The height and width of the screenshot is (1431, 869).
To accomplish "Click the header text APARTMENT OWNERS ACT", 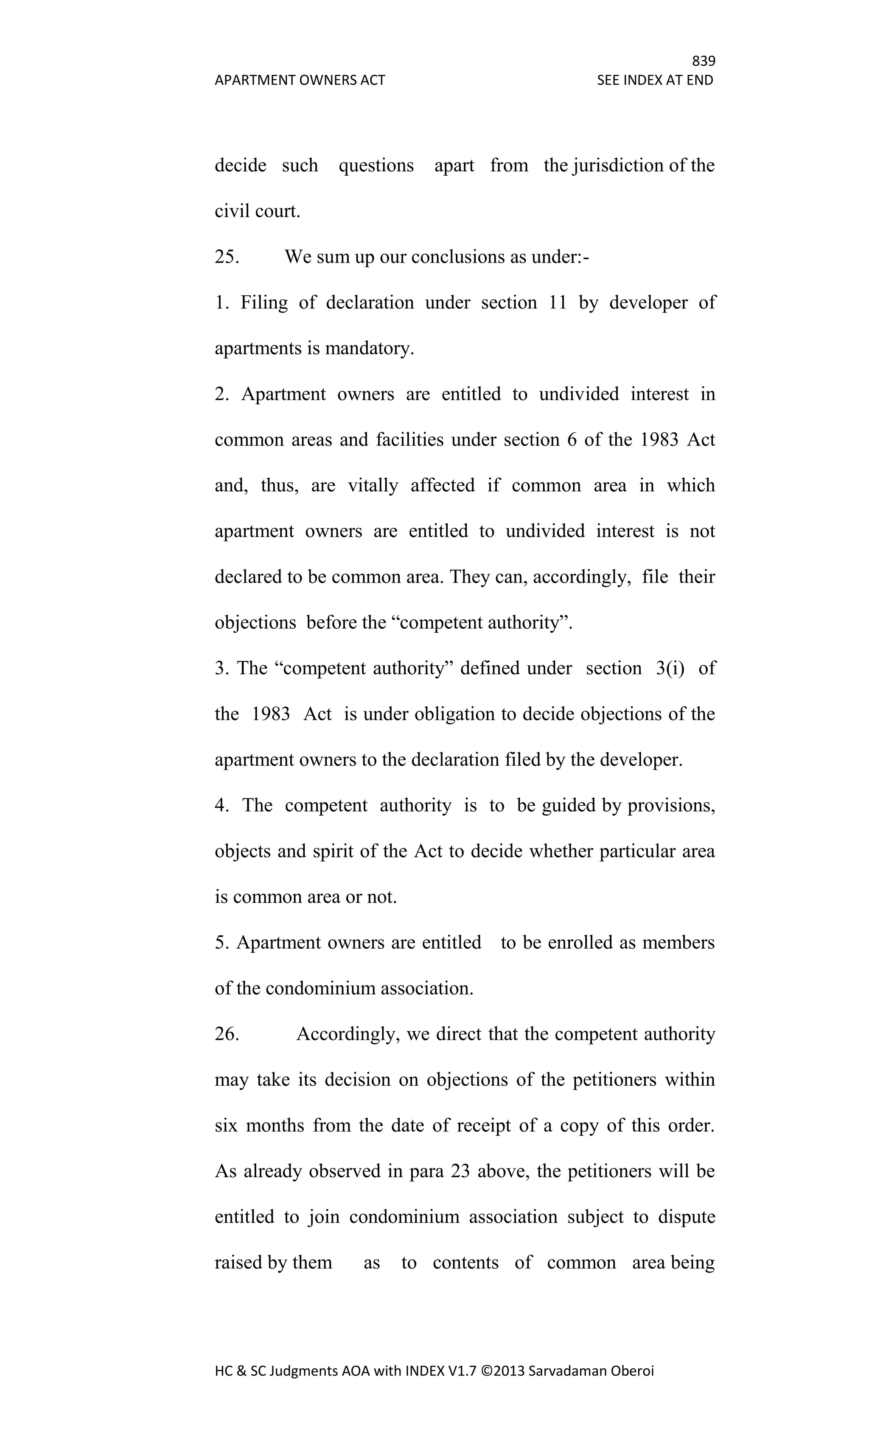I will point(300,80).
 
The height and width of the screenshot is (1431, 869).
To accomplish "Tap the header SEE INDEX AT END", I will point(655,80).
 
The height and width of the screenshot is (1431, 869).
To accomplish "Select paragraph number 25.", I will point(227,257).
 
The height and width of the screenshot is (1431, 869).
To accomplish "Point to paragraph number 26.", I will point(227,1034).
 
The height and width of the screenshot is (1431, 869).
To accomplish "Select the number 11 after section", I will point(557,302).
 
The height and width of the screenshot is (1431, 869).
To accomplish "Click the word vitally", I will point(373,485).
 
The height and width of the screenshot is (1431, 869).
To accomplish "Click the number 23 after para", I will point(460,1171).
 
